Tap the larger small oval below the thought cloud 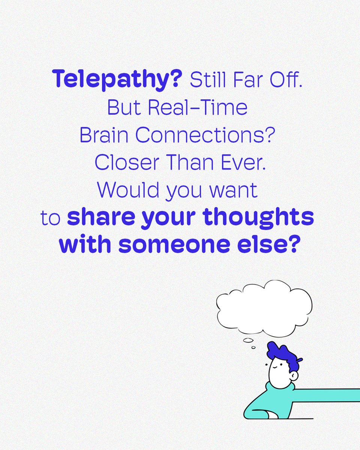click(248, 340)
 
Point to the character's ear click(294, 375)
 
